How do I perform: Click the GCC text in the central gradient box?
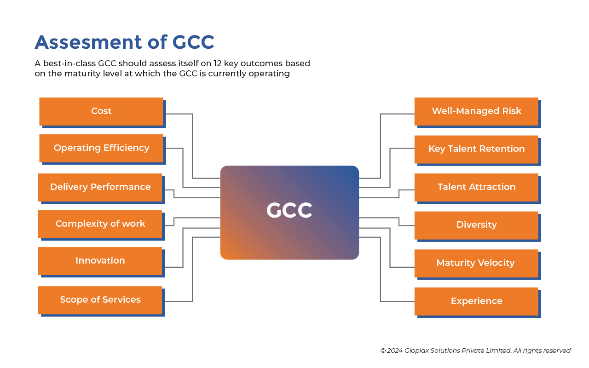point(289,210)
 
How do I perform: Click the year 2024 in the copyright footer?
point(395,351)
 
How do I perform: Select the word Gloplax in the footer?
point(416,351)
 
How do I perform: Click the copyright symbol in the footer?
point(383,351)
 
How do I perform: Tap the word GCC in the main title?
point(193,42)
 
